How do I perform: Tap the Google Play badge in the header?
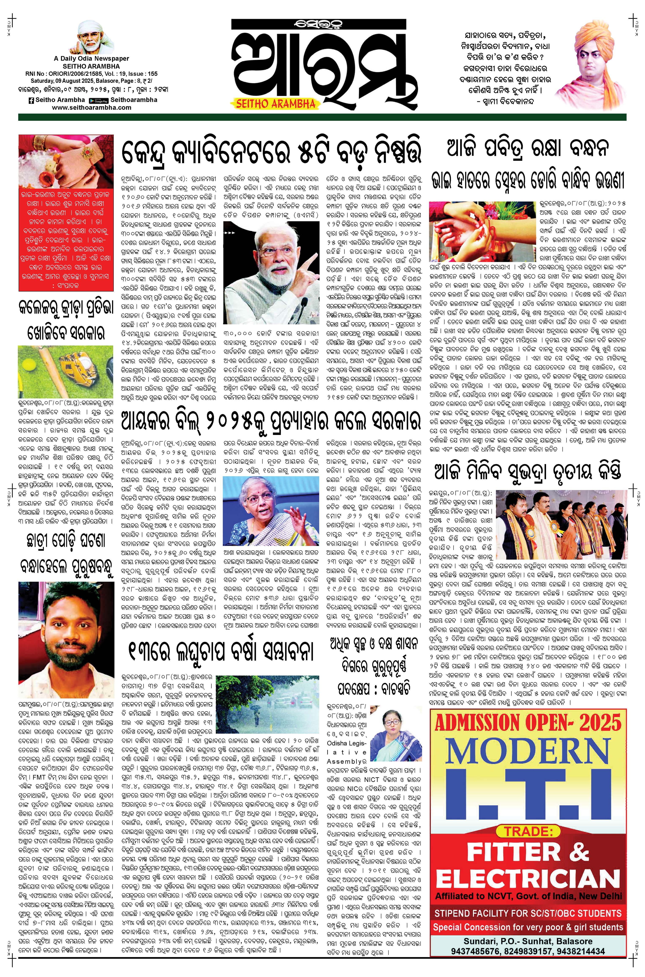tap(98, 100)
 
